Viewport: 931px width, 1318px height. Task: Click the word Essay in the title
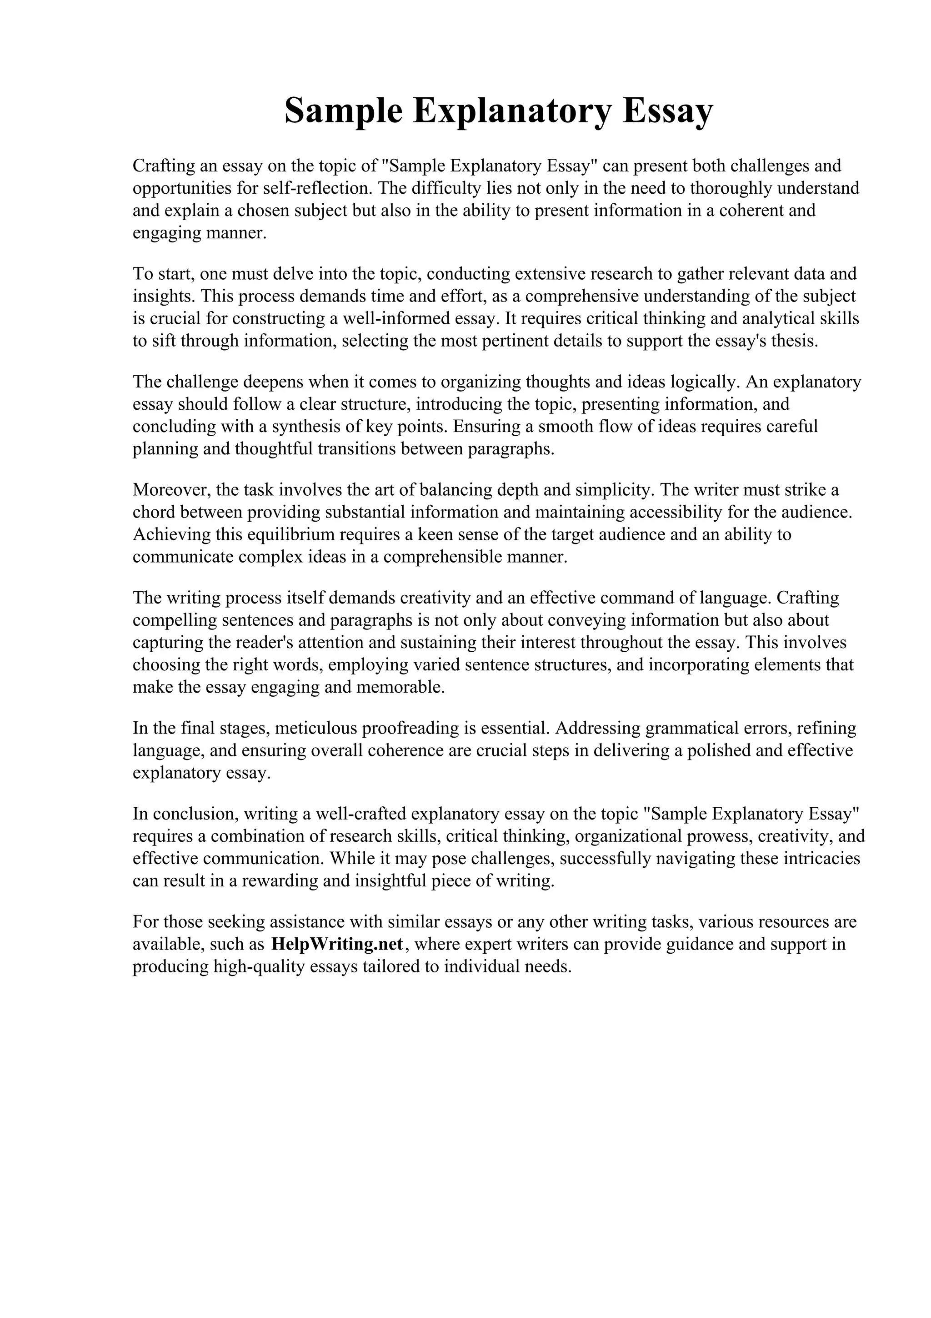(668, 111)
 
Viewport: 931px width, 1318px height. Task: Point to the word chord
(155, 512)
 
